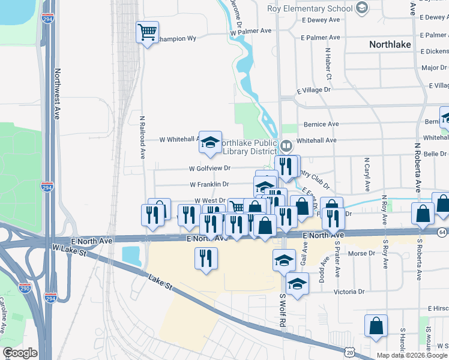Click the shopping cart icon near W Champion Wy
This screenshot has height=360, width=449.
tap(147, 32)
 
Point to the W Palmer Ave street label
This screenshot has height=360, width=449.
tap(251, 31)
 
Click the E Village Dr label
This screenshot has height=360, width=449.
tap(314, 89)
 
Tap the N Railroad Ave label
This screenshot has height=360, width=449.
tap(143, 137)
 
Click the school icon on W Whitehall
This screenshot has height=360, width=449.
tap(210, 142)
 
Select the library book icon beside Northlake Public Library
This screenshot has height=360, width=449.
tap(287, 145)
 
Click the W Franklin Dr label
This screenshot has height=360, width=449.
tap(209, 185)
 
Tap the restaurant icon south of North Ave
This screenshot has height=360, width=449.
tap(206, 258)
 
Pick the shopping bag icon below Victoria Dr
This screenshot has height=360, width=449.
tap(376, 326)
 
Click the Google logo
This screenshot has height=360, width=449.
tap(20, 353)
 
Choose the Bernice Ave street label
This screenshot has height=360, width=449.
tap(322, 124)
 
